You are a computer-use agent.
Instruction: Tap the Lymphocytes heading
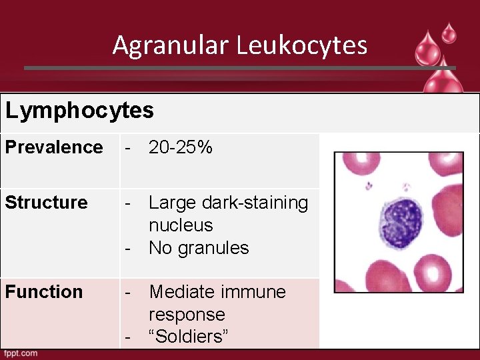tap(79, 110)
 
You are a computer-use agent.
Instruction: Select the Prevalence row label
tap(54, 147)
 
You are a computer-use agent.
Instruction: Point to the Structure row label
tap(46, 202)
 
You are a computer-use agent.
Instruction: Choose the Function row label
tap(44, 291)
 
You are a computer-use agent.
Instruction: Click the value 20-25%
tap(181, 147)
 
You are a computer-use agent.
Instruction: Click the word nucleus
tap(181, 225)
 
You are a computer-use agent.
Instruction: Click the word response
tap(187, 314)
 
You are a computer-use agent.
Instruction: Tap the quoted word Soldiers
tap(189, 337)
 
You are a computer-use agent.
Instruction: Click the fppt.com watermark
tap(21, 353)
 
